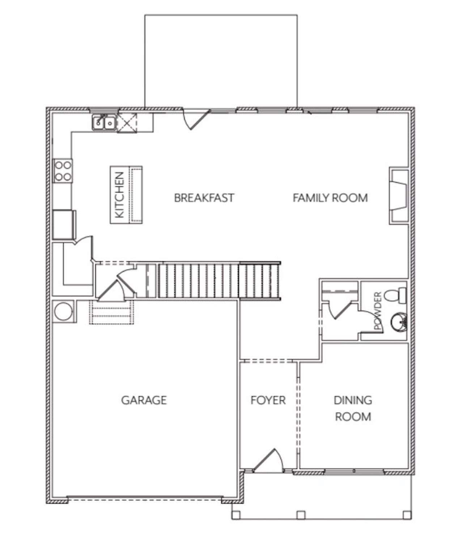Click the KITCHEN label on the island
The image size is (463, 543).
119,195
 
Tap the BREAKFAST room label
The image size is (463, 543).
204,198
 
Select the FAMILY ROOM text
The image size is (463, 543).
330,198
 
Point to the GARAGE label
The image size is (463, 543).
144,400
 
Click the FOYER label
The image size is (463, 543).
268,400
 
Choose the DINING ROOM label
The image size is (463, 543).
353,408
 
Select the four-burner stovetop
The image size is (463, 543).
63,171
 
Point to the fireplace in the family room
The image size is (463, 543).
399,196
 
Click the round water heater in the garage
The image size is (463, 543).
63,311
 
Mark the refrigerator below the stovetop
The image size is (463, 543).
64,225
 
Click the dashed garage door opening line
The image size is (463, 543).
144,500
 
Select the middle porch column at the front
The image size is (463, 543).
300,514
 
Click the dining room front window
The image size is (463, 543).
354,471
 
